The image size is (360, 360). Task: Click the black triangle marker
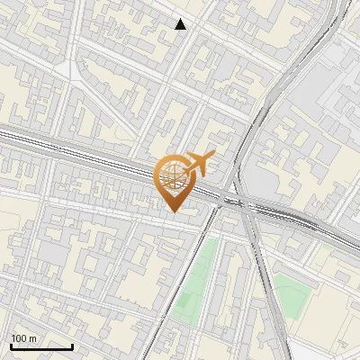coord(181,24)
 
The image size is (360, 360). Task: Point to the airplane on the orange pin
coord(199,163)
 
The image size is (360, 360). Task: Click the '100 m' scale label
coord(24,338)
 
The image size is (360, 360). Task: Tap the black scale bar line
coord(41,346)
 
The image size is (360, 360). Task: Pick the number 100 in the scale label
coord(20,338)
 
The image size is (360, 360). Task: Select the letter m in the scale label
coord(32,339)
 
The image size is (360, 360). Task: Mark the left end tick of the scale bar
coord(11,345)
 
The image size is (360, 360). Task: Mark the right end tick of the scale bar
coord(72,345)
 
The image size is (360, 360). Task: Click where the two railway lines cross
coord(241,201)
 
